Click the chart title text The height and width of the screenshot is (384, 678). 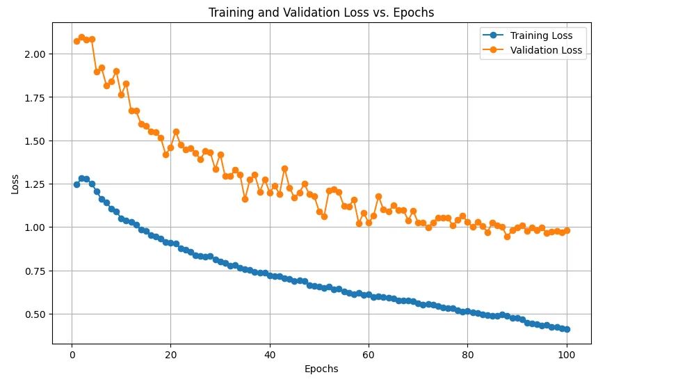[321, 13]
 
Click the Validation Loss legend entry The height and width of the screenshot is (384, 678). [546, 50]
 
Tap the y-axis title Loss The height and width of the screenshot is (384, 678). [15, 184]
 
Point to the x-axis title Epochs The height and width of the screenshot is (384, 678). [321, 369]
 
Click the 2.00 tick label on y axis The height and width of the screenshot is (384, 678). [35, 54]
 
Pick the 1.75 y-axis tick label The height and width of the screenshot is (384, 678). [35, 97]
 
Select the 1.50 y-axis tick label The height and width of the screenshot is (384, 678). [35, 141]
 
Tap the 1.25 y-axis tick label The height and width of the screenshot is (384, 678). [35, 184]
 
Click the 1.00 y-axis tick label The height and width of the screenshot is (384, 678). [35, 227]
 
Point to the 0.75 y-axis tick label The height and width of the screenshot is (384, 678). [35, 271]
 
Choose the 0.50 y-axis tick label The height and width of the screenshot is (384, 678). [35, 314]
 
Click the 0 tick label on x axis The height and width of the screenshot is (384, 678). [72, 353]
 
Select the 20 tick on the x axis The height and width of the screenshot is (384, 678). [170, 353]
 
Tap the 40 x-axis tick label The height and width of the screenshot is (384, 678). [269, 353]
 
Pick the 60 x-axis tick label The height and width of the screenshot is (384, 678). [369, 353]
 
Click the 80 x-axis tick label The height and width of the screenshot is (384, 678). [467, 353]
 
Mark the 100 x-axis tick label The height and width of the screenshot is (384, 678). [566, 353]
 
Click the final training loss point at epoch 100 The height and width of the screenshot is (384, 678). [567, 329]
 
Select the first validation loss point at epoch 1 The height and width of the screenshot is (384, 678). [76, 41]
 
